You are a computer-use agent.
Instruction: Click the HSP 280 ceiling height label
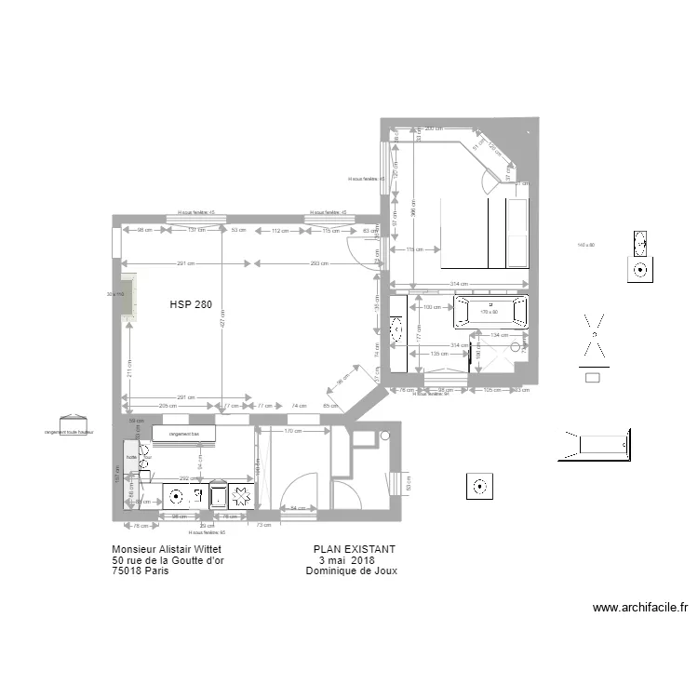[x=190, y=304]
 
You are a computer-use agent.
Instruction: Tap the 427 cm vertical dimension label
[x=222, y=318]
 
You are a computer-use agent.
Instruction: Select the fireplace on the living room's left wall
[x=128, y=298]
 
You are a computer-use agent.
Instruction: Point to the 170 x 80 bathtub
[x=490, y=312]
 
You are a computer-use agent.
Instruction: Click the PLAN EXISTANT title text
[x=355, y=550]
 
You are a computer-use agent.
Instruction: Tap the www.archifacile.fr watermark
[x=640, y=608]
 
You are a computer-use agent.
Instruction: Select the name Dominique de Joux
[x=351, y=571]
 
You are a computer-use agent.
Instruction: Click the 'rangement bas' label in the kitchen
[x=184, y=434]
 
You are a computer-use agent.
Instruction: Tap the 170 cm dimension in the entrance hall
[x=290, y=431]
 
